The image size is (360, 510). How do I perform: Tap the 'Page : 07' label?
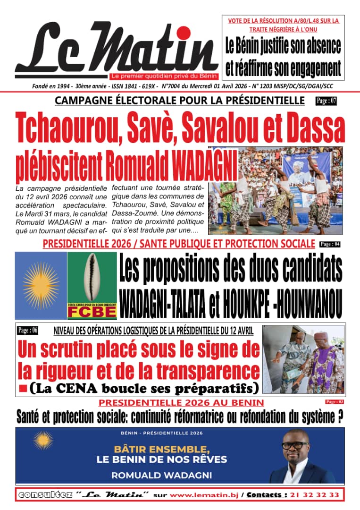point(327,100)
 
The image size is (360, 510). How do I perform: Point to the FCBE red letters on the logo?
point(92,313)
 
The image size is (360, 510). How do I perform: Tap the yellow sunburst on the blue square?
point(41,285)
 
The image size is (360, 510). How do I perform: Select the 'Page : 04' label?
point(330,244)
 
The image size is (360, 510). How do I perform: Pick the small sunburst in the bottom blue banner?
point(43,440)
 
